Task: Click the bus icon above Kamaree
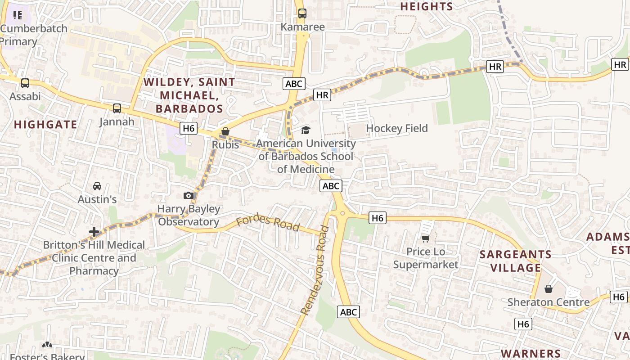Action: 302,13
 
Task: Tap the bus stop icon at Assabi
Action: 25,83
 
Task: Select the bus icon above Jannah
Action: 117,108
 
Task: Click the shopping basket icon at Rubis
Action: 225,131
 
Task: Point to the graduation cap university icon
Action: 306,130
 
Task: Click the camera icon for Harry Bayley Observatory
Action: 189,195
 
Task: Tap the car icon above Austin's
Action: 97,186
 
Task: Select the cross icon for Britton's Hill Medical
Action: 94,232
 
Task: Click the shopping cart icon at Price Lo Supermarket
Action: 425,238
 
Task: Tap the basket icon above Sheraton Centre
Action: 548,288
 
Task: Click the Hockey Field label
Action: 396,128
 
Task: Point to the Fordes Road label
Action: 268,223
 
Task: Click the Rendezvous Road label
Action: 315,270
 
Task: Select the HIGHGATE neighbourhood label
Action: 45,125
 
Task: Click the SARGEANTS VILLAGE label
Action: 516,261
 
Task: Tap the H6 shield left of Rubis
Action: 189,129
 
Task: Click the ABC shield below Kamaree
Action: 294,83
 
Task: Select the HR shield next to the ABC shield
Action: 322,95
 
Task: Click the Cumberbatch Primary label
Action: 33,35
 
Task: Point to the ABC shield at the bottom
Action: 348,312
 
